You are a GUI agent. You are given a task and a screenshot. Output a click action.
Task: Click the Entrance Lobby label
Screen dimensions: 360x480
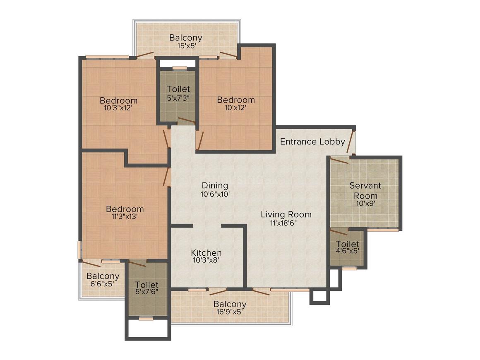click(312, 142)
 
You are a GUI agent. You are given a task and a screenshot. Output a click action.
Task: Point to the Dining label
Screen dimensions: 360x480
click(215, 185)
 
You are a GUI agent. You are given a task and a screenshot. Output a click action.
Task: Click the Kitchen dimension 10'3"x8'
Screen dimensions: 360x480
click(206, 261)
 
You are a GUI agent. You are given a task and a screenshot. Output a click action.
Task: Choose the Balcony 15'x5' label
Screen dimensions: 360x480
click(186, 38)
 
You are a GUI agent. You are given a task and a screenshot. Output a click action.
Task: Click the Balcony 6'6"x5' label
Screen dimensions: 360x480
click(103, 276)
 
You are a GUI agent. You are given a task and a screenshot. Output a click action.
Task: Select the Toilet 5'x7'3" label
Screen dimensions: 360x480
click(178, 89)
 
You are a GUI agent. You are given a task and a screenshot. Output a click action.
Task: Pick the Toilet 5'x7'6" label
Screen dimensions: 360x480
click(147, 285)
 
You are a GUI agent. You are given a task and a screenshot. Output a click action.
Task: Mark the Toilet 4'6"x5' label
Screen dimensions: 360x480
click(347, 244)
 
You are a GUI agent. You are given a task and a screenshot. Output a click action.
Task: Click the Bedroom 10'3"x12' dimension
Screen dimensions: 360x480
click(118, 108)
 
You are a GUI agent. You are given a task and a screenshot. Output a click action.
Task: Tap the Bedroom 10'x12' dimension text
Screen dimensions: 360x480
click(236, 108)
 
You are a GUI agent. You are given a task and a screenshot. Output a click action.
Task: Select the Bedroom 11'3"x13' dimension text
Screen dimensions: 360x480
click(125, 216)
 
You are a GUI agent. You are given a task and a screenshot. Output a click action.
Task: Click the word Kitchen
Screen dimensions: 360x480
click(206, 252)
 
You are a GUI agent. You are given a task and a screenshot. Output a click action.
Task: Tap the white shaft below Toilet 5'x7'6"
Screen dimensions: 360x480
click(148, 329)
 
